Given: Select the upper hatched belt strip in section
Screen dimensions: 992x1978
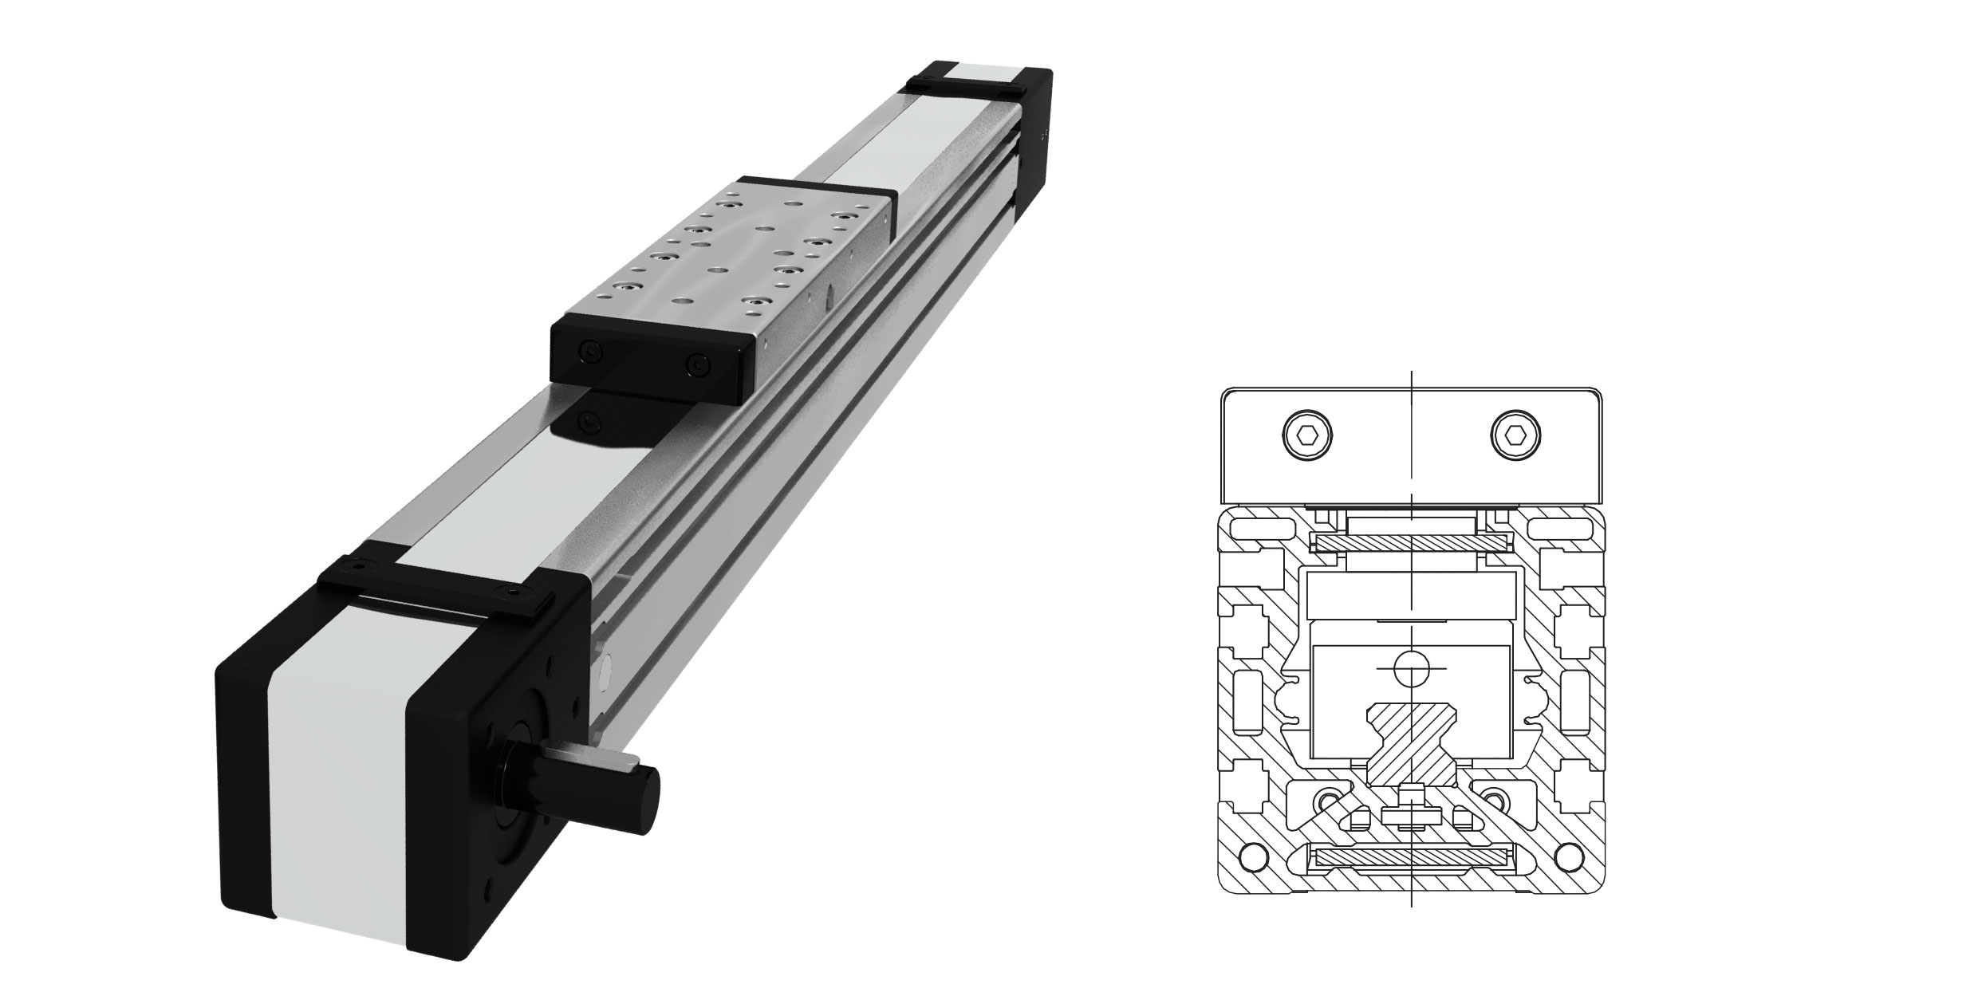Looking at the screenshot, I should (x=1412, y=543).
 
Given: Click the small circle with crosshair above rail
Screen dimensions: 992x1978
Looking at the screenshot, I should (x=1412, y=668).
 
